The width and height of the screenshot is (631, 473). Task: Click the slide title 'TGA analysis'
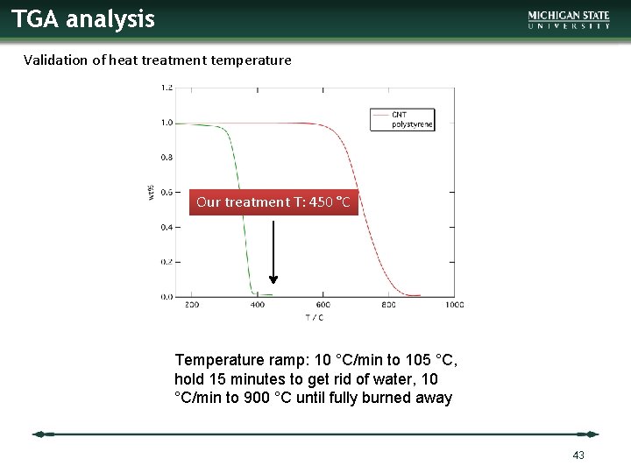coord(83,18)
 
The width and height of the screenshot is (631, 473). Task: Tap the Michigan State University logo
coord(569,20)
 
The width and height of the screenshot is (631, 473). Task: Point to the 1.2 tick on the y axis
coord(167,88)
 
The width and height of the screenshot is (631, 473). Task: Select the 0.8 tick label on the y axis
coord(167,158)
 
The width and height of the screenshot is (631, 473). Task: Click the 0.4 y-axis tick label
coord(167,227)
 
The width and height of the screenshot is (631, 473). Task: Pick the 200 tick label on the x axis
coord(192,305)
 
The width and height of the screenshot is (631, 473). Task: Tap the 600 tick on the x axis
coord(323,305)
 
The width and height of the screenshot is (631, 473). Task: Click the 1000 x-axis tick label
coord(454,305)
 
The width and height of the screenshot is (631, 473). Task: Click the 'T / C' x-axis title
coord(314,317)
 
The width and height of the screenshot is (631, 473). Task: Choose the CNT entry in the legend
coord(400,115)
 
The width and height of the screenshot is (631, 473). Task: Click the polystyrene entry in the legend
coord(412,124)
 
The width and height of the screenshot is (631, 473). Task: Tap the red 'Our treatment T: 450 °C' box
coord(273,202)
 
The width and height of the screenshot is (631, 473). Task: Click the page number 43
coord(578,455)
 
